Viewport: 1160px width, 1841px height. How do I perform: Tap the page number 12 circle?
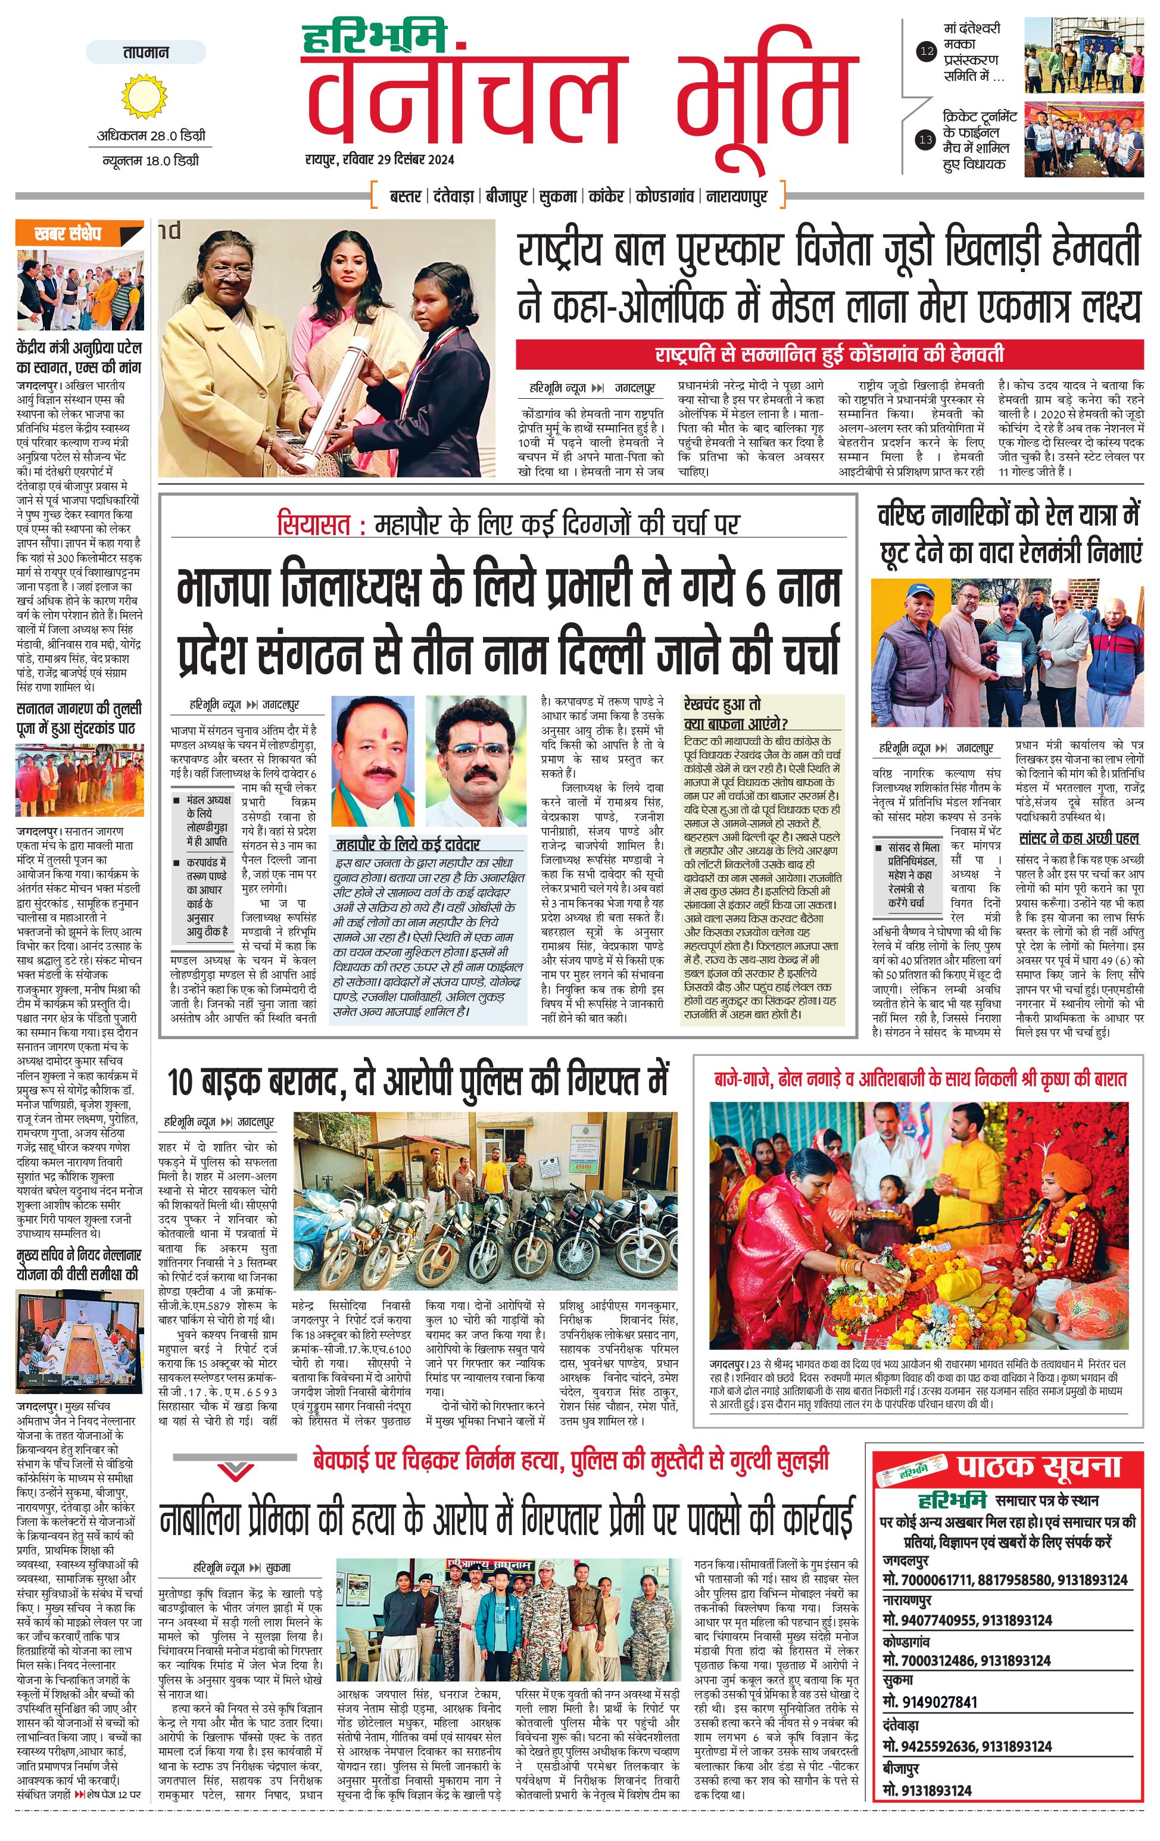point(927,52)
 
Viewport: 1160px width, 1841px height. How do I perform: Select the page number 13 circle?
point(926,140)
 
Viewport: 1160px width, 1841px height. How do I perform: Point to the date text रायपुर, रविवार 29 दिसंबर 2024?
point(379,160)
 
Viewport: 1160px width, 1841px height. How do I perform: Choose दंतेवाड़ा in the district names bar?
point(453,196)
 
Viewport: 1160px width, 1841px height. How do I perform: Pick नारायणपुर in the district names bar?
point(737,196)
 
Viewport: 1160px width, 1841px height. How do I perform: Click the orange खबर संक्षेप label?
point(69,234)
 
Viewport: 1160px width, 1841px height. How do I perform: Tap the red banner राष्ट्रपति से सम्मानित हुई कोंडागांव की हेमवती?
point(829,355)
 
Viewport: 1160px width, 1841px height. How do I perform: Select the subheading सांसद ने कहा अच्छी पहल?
point(1079,839)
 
